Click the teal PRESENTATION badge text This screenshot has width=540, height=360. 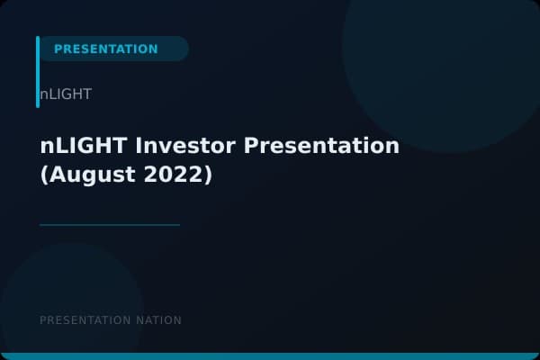pyautogui.click(x=105, y=49)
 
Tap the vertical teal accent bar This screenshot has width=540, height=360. pyautogui.click(x=38, y=72)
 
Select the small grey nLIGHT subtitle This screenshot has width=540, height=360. pyautogui.click(x=66, y=94)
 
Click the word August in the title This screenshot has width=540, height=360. pyautogui.click(x=94, y=175)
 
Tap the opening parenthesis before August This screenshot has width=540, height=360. pyautogui.click(x=45, y=175)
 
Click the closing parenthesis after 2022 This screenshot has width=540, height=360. pyautogui.click(x=208, y=175)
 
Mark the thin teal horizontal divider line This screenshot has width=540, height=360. pyautogui.click(x=110, y=225)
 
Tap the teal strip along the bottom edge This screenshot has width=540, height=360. pyautogui.click(x=270, y=356)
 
